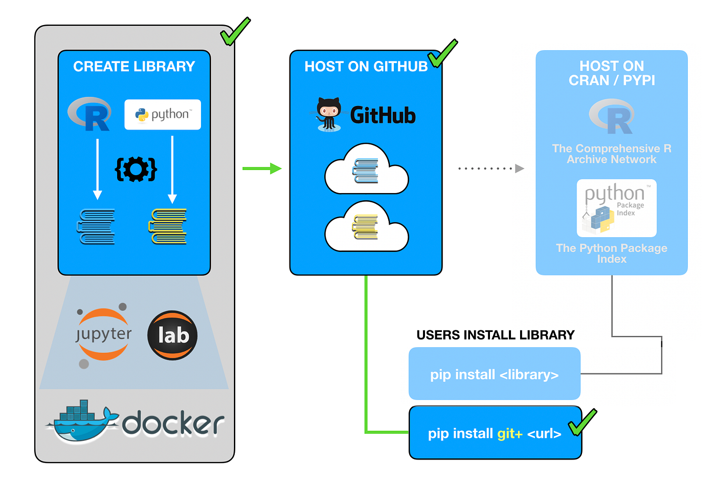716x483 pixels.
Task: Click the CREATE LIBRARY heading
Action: coord(134,67)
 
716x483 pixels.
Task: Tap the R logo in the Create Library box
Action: coord(91,114)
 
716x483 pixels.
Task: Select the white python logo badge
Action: coord(163,114)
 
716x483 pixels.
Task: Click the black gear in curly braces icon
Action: coord(136,169)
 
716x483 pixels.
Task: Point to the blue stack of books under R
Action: coord(96,226)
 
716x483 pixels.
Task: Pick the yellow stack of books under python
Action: coord(168,226)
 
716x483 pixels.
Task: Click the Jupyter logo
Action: coord(103,334)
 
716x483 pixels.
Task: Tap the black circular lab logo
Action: coord(172,335)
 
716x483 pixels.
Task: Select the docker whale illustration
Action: coord(82,421)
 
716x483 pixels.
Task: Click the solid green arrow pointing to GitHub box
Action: coord(261,169)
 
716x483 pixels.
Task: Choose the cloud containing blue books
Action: coord(366,171)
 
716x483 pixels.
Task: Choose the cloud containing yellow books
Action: coord(366,227)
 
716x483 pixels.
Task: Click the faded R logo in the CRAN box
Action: coord(612,116)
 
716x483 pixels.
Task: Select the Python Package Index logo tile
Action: coord(616,208)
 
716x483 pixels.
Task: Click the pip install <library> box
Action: coord(494,374)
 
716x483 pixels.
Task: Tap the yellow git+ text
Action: coord(509,434)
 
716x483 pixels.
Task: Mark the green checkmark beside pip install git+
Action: coord(583,422)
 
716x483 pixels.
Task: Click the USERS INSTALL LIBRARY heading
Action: coord(495,335)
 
